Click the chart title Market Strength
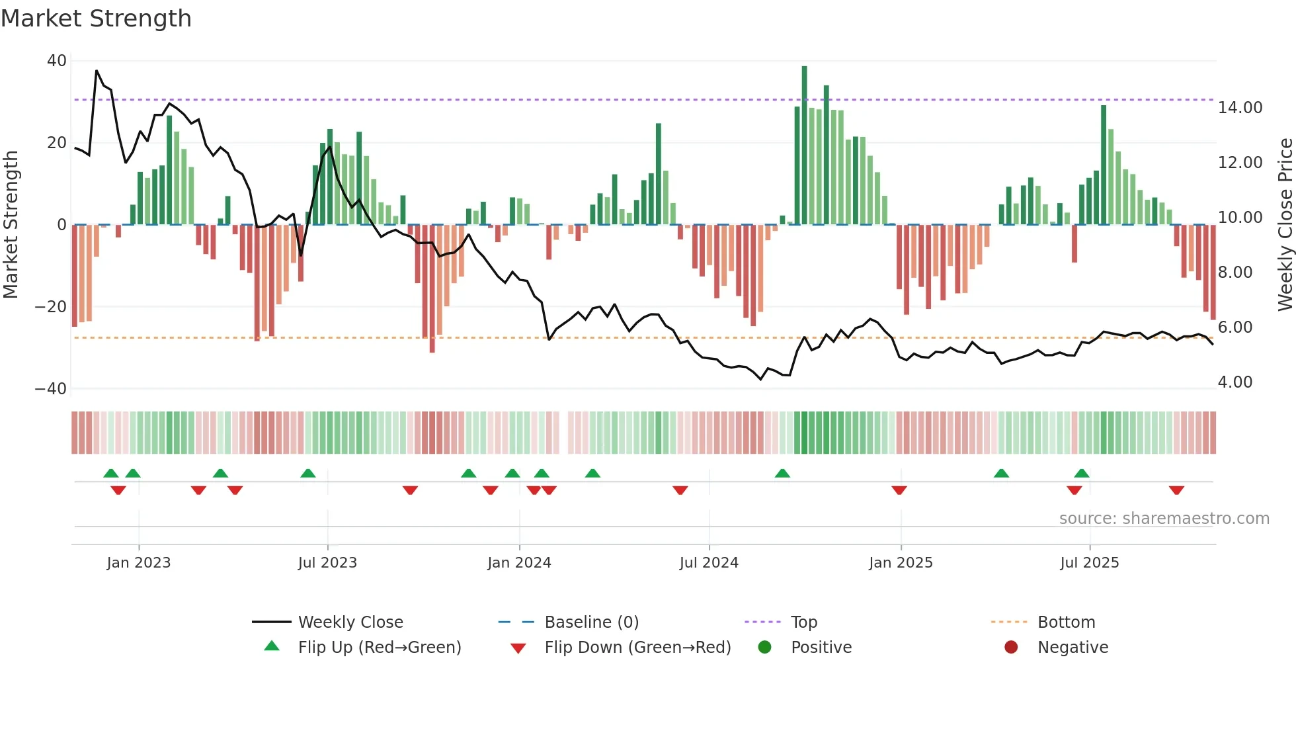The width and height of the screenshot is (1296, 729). [x=96, y=19]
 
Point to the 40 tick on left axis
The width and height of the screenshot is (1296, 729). [x=57, y=61]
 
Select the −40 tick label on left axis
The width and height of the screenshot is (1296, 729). [x=50, y=389]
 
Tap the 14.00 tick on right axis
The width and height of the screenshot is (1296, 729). [x=1240, y=108]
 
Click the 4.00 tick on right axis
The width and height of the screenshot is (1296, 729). [x=1235, y=382]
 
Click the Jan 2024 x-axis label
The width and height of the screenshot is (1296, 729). [x=519, y=563]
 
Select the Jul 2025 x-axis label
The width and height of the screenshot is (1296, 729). [x=1089, y=563]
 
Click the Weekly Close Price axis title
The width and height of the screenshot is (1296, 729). [x=1285, y=225]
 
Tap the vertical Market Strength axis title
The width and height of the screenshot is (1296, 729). [x=11, y=225]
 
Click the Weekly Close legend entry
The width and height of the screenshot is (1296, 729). [x=350, y=622]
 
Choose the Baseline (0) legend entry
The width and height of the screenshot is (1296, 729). [x=591, y=622]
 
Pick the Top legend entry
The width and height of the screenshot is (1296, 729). [x=803, y=622]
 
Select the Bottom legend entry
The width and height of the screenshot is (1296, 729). [x=1066, y=622]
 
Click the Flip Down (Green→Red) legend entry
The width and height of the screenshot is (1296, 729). [x=637, y=648]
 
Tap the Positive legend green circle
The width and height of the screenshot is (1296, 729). [x=764, y=648]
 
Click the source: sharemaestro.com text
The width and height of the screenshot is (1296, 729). [x=1164, y=519]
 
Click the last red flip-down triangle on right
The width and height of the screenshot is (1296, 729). [x=1176, y=490]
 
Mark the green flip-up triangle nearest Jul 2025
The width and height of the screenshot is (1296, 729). [x=1082, y=473]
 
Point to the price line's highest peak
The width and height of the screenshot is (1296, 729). [x=97, y=70]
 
